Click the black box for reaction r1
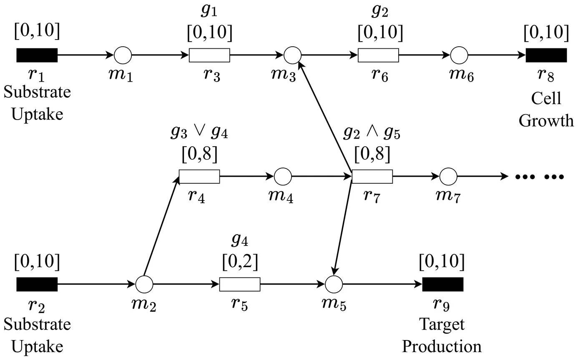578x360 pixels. (37, 55)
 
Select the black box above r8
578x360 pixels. (546, 55)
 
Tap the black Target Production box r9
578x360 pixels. (442, 284)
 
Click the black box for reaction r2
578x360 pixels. (37, 284)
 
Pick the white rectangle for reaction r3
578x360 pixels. (209, 55)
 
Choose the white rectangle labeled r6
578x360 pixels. (378, 55)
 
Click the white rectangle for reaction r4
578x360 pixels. (199, 177)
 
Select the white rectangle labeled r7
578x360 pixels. (372, 177)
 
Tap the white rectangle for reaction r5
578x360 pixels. (240, 284)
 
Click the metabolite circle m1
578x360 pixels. (123, 55)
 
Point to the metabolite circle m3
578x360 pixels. (292, 55)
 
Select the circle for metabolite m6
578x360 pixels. (459, 55)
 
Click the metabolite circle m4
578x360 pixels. (283, 177)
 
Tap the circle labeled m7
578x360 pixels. (449, 177)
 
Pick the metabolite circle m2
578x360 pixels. (144, 284)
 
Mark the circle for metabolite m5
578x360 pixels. (333, 284)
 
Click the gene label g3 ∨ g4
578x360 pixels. (199, 133)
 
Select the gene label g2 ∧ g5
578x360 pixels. (372, 133)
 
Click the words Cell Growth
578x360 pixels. (546, 110)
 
